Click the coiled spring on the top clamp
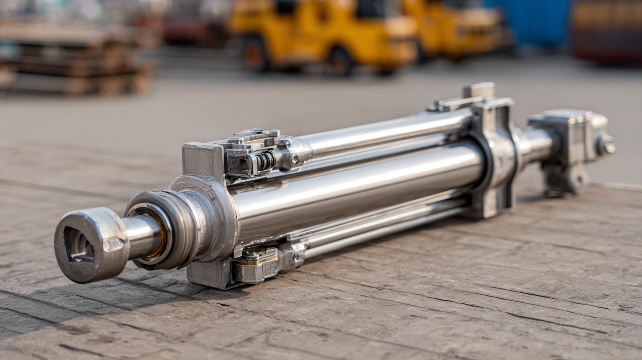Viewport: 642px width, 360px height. point(265,161)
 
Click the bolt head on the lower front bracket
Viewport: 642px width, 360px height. point(252,257)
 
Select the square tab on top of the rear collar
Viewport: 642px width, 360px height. point(478,90)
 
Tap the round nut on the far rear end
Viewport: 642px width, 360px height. point(606,145)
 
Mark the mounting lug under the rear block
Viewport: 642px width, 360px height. point(564,181)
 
